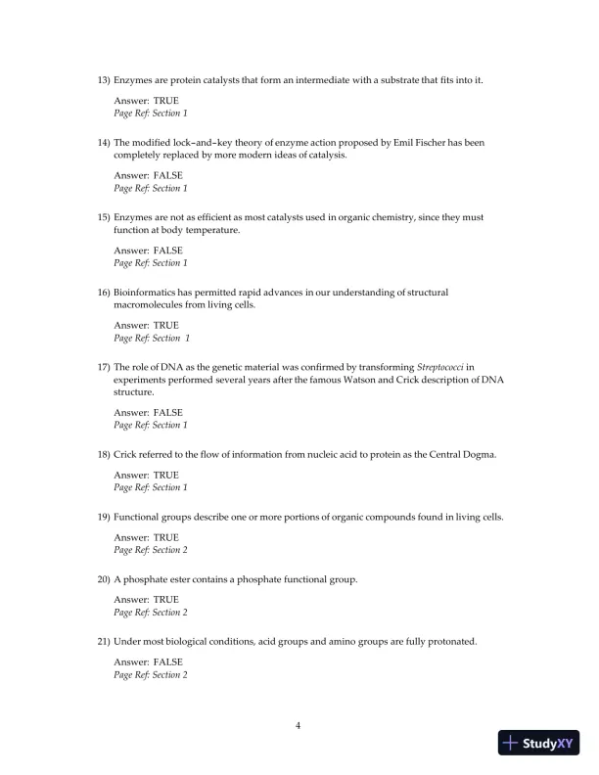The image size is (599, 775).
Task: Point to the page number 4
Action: point(298,725)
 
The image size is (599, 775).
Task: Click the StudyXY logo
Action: point(537,744)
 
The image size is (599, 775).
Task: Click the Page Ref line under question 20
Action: point(151,613)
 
